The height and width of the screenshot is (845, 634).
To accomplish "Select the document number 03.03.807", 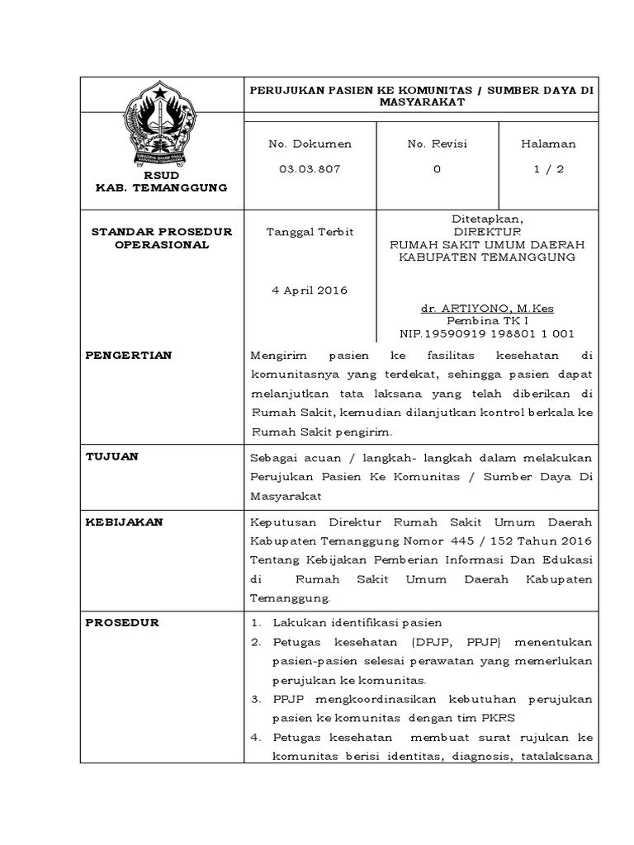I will [x=297, y=169].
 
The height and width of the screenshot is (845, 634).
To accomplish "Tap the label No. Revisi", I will [x=437, y=144].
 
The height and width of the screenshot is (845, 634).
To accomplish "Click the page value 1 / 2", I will [x=548, y=169].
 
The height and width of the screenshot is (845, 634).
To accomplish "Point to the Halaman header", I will [x=548, y=144].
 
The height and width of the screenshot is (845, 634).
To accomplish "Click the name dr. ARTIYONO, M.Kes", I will [x=487, y=309].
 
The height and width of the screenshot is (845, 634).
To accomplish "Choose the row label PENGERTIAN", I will [x=129, y=355].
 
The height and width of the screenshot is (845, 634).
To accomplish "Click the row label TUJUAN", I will [x=112, y=456].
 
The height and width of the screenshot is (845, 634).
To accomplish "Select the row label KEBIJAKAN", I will [x=125, y=522].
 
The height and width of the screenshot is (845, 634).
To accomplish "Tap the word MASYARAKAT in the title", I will [x=421, y=102].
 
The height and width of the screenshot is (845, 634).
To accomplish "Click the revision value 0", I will [x=437, y=169].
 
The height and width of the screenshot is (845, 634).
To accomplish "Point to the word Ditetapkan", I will [x=487, y=220].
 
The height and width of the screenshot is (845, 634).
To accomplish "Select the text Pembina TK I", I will [x=487, y=321].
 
